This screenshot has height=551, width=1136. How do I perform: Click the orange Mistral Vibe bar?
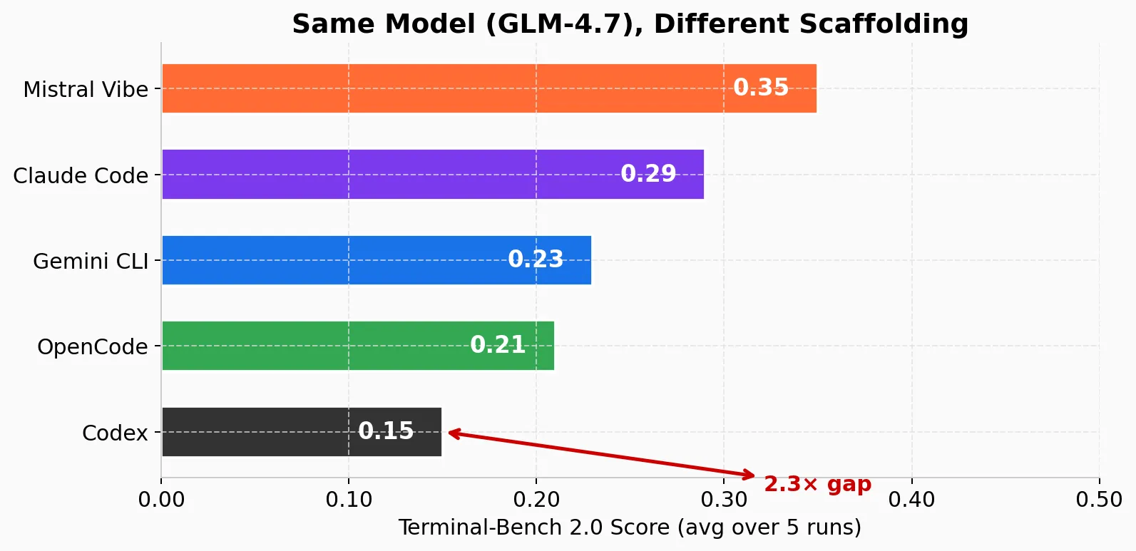click(442, 88)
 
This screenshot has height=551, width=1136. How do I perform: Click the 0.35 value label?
click(761, 88)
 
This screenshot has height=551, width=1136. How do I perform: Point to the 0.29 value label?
click(648, 174)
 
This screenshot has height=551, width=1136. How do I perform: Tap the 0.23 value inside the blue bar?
click(536, 259)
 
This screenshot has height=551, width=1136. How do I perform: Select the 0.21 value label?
click(498, 345)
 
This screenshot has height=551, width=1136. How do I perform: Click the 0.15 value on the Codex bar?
click(386, 431)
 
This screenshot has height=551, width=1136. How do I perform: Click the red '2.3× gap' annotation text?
click(817, 485)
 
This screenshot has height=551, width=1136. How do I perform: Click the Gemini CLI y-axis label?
click(91, 262)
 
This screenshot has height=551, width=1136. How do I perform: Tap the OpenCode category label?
click(93, 347)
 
